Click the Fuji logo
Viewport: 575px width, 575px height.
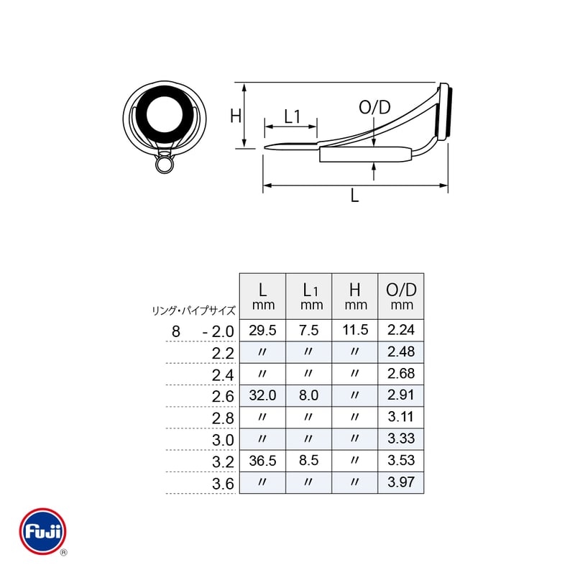click(42, 531)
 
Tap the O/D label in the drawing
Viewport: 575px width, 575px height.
click(374, 107)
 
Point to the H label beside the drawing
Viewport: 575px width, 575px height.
click(236, 116)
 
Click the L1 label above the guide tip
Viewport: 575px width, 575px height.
click(293, 116)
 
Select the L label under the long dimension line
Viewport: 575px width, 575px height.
click(354, 195)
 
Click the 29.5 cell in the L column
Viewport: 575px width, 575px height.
click(262, 331)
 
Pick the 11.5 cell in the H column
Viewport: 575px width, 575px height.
click(355, 330)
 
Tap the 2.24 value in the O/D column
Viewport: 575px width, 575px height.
click(401, 330)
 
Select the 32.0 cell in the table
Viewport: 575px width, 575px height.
click(262, 395)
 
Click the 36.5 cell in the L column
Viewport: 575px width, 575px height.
click(262, 461)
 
